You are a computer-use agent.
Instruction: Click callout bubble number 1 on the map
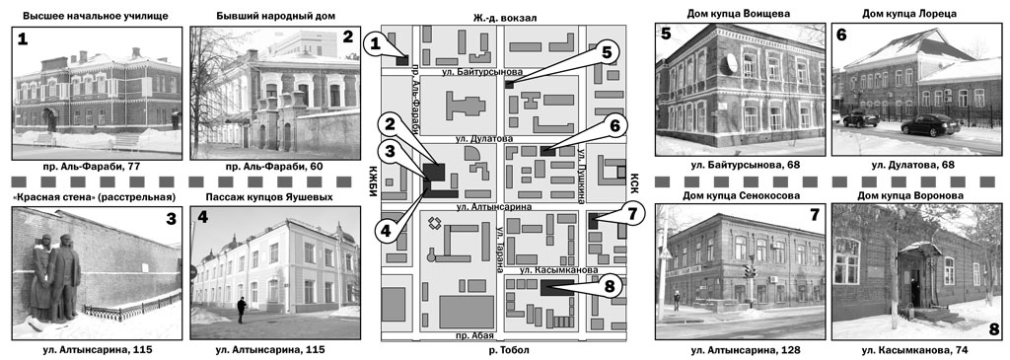coord(375,45)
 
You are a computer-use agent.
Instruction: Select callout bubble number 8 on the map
coord(610,287)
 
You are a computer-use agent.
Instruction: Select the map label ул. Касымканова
coord(558,270)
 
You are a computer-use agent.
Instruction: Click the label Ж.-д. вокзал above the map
coord(504,19)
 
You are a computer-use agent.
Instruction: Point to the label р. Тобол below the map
coord(504,350)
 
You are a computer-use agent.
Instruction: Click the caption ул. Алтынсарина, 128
coord(740,350)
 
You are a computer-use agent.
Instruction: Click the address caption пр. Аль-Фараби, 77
coord(98,167)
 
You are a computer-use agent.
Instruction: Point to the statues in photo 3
coord(55,277)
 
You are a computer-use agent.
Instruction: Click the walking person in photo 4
coord(241,310)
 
